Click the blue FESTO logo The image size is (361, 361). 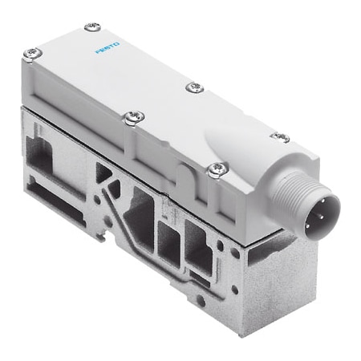tap(107, 53)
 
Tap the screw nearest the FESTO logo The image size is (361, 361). tap(91, 27)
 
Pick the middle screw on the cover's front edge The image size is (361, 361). tap(130, 117)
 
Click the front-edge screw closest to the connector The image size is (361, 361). tap(215, 168)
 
